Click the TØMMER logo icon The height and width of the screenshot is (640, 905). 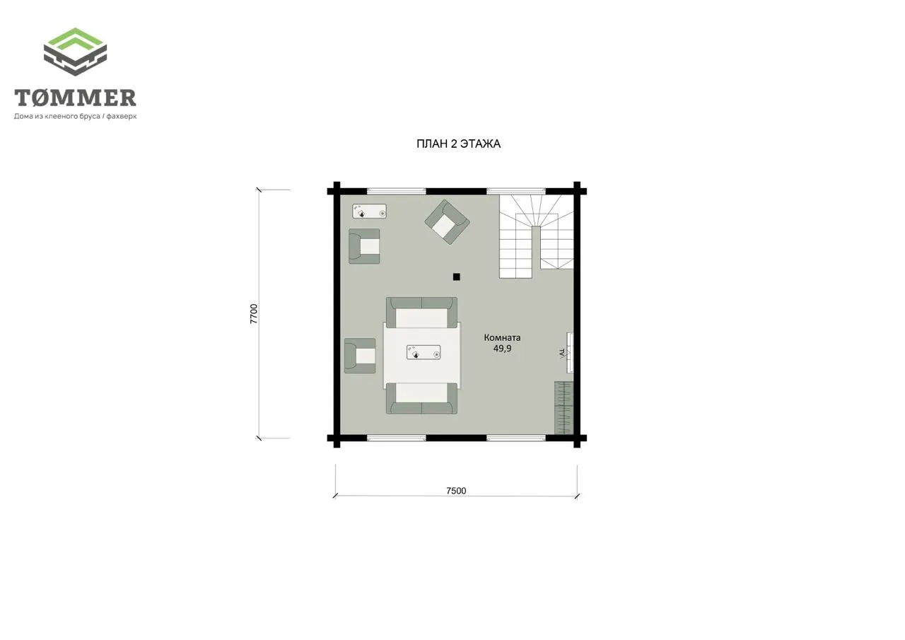75,52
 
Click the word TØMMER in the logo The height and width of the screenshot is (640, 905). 75,98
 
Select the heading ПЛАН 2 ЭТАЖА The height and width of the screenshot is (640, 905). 459,144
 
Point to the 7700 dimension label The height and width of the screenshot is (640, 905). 253,314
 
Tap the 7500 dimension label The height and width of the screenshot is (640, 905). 456,491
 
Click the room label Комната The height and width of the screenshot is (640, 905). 502,337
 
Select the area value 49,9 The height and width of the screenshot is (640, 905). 502,348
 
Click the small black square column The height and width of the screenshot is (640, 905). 457,277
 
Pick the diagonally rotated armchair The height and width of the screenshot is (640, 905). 448,222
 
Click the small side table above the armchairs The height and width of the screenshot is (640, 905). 369,211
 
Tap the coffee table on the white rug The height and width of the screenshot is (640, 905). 424,352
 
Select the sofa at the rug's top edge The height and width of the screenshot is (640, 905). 422,313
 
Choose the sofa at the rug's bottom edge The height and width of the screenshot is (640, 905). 422,398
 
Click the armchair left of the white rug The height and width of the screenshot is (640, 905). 360,356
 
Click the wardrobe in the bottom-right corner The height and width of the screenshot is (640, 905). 564,407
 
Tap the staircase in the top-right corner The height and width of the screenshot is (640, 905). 537,236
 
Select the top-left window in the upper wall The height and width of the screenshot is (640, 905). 397,192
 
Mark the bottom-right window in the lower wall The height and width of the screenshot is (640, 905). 516,438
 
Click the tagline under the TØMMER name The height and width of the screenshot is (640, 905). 76,117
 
